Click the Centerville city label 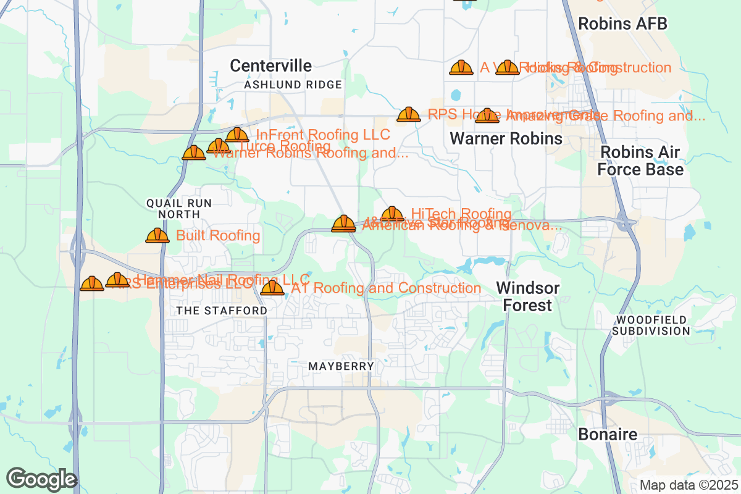pyautogui.click(x=270, y=65)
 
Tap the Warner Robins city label pyautogui.click(x=506, y=138)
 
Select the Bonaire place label pyautogui.click(x=608, y=434)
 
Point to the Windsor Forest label pyautogui.click(x=528, y=296)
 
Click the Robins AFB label pyautogui.click(x=622, y=24)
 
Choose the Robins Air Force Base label pyautogui.click(x=640, y=161)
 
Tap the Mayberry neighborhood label pyautogui.click(x=341, y=366)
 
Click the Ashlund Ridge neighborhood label pyautogui.click(x=293, y=85)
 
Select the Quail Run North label pyautogui.click(x=178, y=208)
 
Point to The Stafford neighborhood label pyautogui.click(x=222, y=311)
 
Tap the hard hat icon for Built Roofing pyautogui.click(x=157, y=235)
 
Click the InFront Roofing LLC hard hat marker pyautogui.click(x=237, y=135)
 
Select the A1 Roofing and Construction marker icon pyautogui.click(x=272, y=288)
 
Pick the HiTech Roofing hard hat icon pyautogui.click(x=392, y=214)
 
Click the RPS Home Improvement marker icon pyautogui.click(x=409, y=114)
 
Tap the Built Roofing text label pyautogui.click(x=218, y=235)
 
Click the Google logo pyautogui.click(x=42, y=479)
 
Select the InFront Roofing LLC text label pyautogui.click(x=323, y=135)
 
